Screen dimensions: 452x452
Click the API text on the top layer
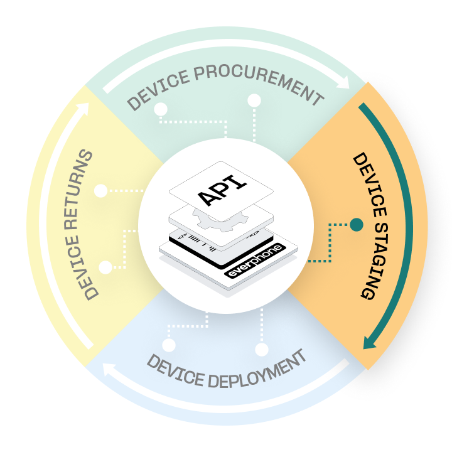pyautogui.click(x=222, y=186)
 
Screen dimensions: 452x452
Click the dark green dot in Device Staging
pyautogui.click(x=357, y=224)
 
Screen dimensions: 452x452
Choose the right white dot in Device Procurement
pyautogui.click(x=254, y=100)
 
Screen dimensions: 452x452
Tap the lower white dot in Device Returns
pyautogui.click(x=105, y=267)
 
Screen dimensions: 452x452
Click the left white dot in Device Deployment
pyautogui.click(x=168, y=345)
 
